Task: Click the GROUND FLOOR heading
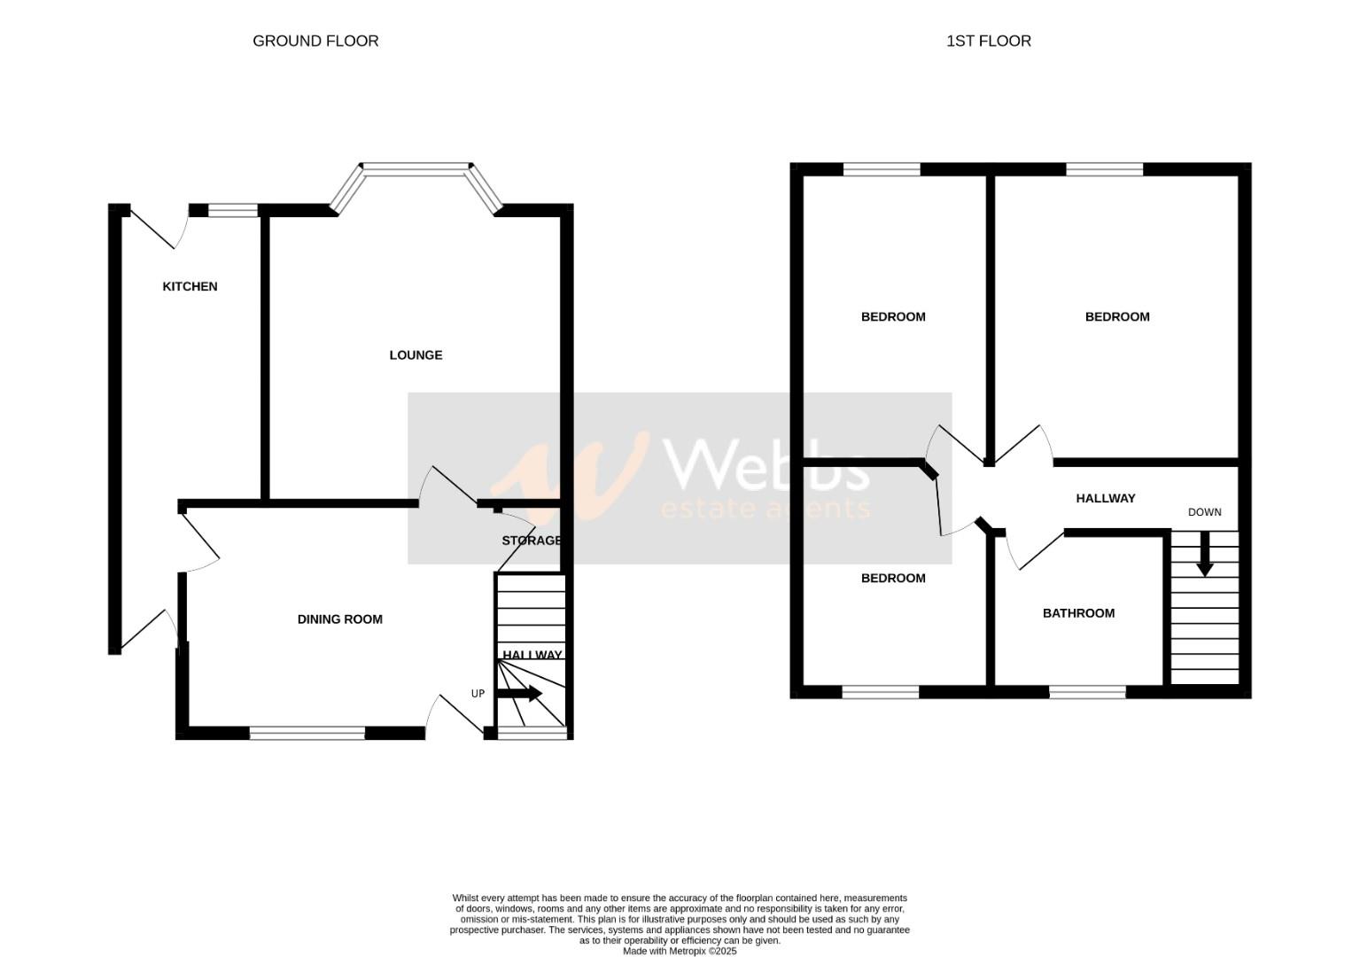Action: coord(315,41)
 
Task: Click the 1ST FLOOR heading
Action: coord(988,41)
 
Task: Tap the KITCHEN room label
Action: coord(190,286)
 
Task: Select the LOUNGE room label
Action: coord(416,355)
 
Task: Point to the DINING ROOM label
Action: coord(340,619)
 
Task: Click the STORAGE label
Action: coord(532,541)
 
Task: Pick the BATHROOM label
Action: coord(1078,613)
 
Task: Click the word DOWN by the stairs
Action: coord(1204,512)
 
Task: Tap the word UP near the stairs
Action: coord(478,694)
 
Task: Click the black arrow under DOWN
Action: coord(1204,555)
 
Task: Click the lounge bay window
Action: coord(416,167)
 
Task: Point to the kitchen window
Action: coord(233,210)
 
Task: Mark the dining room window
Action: coord(307,733)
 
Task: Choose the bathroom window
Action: coord(1087,692)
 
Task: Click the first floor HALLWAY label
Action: coord(1105,499)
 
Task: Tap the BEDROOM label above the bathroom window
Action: coord(893,579)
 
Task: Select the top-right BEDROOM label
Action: coord(1116,317)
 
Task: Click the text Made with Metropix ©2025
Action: coord(680,951)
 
